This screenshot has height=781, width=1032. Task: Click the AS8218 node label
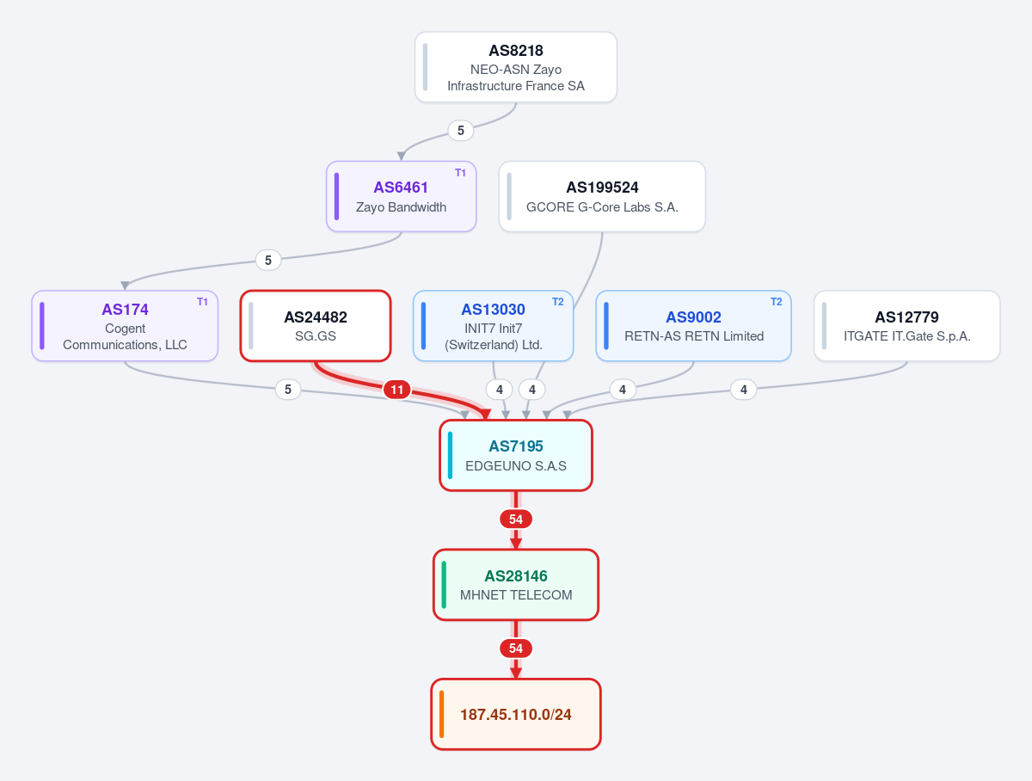tap(516, 50)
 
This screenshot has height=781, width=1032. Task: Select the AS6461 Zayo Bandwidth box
tap(401, 197)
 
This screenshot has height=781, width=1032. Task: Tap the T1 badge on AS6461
tap(460, 173)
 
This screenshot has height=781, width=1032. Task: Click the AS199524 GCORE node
tap(602, 197)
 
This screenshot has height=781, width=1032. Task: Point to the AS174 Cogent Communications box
tap(125, 326)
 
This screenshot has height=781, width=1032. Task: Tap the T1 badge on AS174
tap(202, 302)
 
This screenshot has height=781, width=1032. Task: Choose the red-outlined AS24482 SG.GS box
tap(316, 326)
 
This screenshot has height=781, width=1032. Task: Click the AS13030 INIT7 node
tap(493, 326)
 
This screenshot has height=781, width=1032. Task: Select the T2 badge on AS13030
tap(557, 302)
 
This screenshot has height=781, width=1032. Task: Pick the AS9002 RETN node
tap(693, 326)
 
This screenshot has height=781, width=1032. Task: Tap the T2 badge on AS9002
tap(777, 302)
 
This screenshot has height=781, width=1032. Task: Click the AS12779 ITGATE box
tap(907, 326)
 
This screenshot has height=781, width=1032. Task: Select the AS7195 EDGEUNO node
tap(516, 455)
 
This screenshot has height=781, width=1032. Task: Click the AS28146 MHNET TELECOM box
tap(516, 584)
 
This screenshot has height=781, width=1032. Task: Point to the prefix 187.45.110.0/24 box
tap(516, 714)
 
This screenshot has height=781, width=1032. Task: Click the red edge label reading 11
tap(396, 390)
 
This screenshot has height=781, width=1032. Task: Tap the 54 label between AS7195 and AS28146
tap(516, 520)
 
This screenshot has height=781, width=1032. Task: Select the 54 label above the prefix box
tap(516, 649)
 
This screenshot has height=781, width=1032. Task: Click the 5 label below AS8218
tap(461, 130)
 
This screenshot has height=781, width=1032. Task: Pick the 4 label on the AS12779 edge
tap(743, 390)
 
